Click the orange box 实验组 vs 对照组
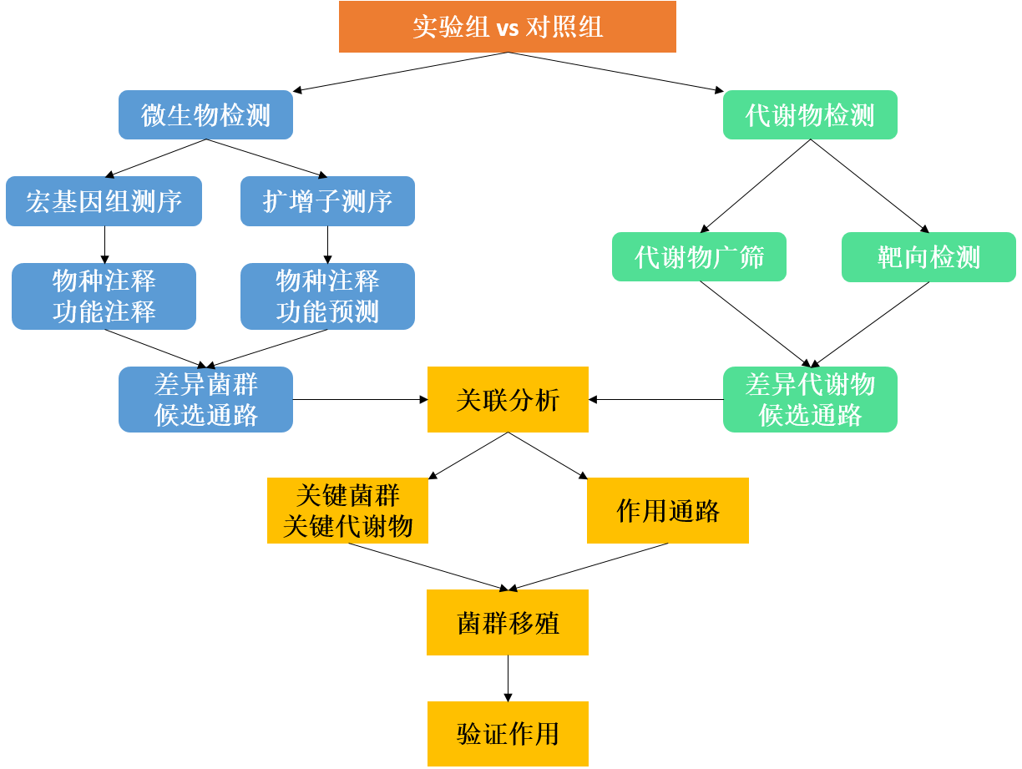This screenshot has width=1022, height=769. pos(507,28)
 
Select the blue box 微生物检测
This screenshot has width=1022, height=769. pos(205,115)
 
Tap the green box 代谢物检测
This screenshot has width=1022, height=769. pos(809,115)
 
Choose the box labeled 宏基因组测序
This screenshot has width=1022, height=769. pos(104,201)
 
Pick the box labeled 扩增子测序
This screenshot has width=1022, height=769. pos(327,201)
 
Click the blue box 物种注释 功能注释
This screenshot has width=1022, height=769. pos(104,296)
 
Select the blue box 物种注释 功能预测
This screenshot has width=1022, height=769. pos(327,296)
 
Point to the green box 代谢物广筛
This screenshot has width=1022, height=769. pos(699,257)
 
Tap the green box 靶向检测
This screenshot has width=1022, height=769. pos(928,257)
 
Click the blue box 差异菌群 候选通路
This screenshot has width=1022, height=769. pos(205,400)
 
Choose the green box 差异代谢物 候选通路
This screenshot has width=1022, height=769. pos(809,400)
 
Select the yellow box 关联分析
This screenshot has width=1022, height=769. pos(508,400)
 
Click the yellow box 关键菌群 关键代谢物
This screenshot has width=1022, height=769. pos(347,511)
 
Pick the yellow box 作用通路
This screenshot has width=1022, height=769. pos(668,511)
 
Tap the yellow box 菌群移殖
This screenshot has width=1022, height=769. pos(508,623)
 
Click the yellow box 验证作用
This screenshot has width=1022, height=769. pos(508,734)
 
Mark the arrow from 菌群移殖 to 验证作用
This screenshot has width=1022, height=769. pos(508,678)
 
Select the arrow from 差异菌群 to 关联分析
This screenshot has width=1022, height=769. pos(360,400)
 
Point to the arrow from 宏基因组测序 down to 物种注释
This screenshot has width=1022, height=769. pos(104,245)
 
